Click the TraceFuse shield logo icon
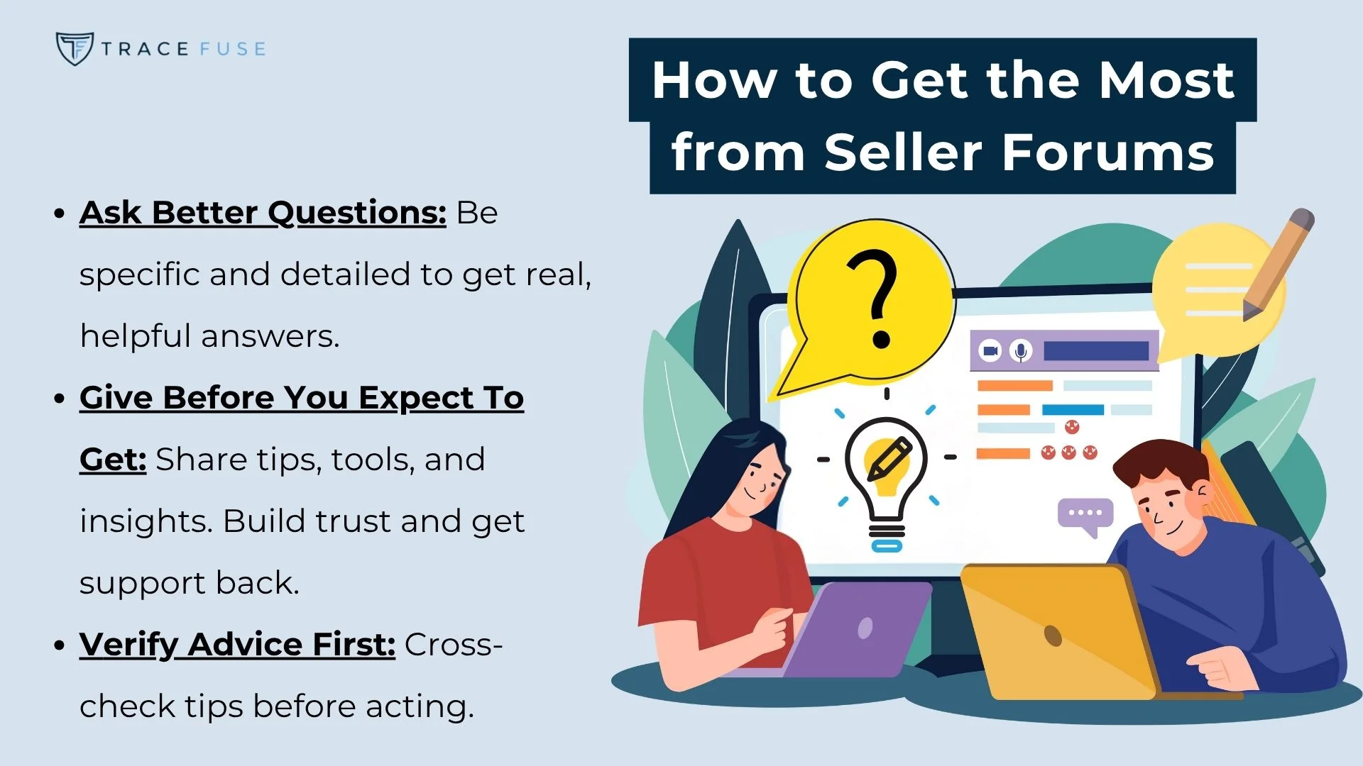[x=74, y=48]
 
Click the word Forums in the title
[x=1108, y=152]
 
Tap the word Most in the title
[x=1167, y=79]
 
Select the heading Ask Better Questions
[x=263, y=213]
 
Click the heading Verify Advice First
[x=237, y=645]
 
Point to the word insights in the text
[x=146, y=521]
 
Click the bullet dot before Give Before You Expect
[x=60, y=398]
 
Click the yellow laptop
[x=1058, y=631]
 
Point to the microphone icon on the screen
[x=1021, y=351]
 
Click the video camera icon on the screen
[x=990, y=351]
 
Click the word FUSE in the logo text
[x=233, y=49]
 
